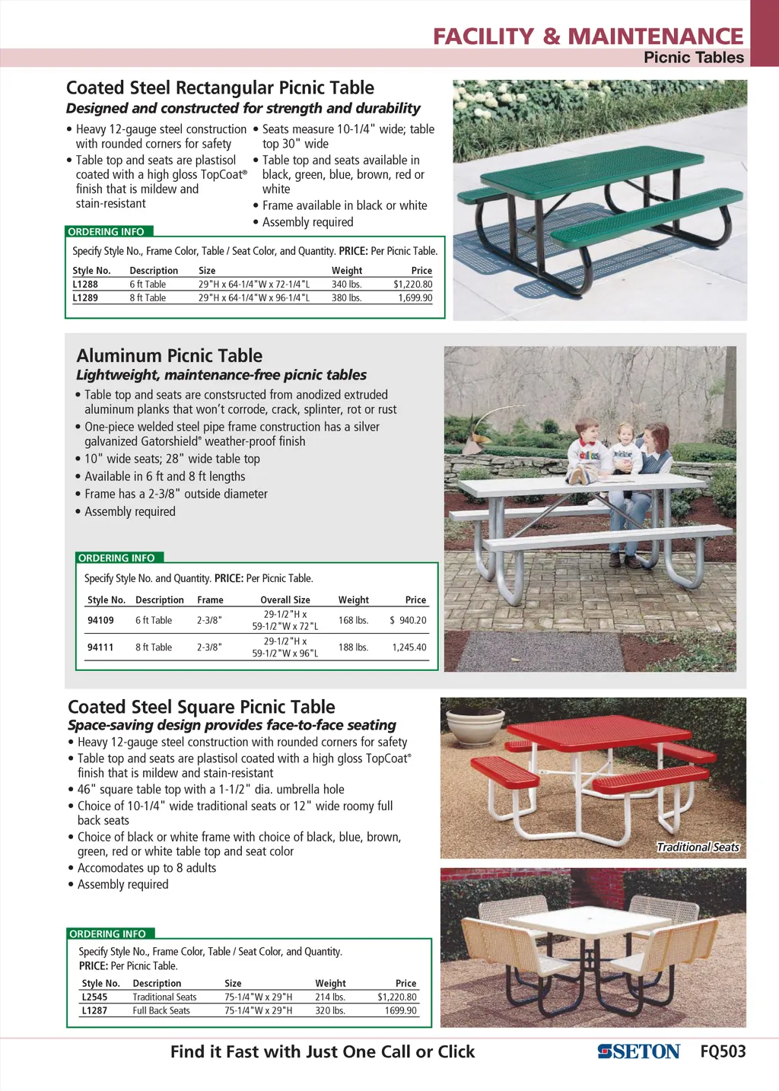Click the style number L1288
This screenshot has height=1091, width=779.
point(85,285)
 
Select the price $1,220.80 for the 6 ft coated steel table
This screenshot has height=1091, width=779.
point(412,285)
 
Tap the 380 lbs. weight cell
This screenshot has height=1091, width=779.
point(346,298)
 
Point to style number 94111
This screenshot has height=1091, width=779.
point(100,647)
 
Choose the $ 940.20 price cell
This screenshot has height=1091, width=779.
point(409,621)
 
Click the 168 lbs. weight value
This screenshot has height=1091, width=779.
point(353,621)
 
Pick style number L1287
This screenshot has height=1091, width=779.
point(94,1011)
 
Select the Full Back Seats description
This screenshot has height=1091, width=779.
point(161,1011)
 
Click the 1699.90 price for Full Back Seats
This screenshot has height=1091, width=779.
point(401,1011)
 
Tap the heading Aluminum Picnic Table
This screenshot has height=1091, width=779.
point(170,356)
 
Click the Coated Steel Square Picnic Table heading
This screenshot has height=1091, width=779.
point(202,707)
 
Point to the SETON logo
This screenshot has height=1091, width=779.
point(639,1052)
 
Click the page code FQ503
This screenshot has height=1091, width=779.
point(723,1052)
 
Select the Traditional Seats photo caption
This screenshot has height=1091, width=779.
point(698,848)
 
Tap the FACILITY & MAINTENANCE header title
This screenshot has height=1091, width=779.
point(588,37)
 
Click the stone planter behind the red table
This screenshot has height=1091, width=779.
point(475,727)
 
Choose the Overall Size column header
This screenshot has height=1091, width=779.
point(285,600)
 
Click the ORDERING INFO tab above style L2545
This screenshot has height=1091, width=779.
point(108,934)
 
